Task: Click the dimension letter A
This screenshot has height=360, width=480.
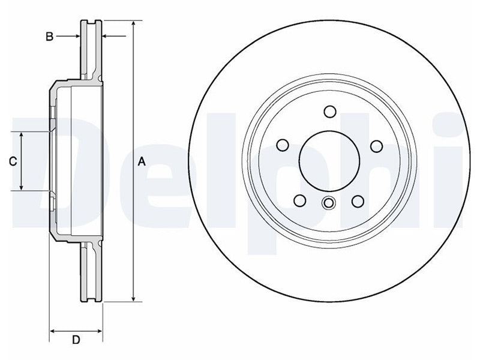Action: pyautogui.click(x=142, y=161)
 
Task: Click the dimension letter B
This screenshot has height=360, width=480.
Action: pyautogui.click(x=49, y=37)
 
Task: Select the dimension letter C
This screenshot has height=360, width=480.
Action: pyautogui.click(x=13, y=161)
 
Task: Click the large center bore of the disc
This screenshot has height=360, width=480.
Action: pyautogui.click(x=329, y=161)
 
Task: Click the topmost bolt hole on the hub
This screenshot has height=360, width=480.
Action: pyautogui.click(x=330, y=112)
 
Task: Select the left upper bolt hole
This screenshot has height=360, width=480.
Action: pyautogui.click(x=283, y=145)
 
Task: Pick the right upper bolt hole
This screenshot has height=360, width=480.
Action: pyautogui.click(x=377, y=146)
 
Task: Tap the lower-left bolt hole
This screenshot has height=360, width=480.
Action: pyautogui.click(x=300, y=200)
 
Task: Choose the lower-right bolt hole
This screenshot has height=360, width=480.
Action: pyautogui.click(x=358, y=202)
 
